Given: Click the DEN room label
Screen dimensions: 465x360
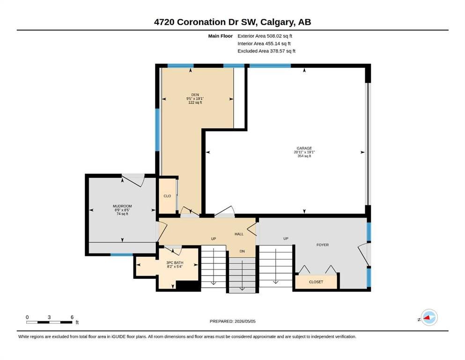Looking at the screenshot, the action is [x=195, y=95].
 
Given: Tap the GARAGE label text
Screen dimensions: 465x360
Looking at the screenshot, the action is [x=304, y=148].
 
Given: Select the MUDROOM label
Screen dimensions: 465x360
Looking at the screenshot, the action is [x=122, y=206].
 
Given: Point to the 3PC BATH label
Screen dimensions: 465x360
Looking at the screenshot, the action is [x=175, y=262].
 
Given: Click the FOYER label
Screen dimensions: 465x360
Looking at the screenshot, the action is [x=322, y=245].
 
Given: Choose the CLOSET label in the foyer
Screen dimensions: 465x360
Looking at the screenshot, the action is [x=316, y=282].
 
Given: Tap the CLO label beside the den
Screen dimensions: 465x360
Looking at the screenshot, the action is [x=167, y=196].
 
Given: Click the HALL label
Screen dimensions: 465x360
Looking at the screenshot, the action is [x=239, y=234].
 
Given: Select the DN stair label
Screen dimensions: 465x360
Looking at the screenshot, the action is [x=242, y=251].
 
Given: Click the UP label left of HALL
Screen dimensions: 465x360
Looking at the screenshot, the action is [x=214, y=239].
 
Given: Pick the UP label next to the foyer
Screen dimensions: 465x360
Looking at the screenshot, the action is [x=286, y=238].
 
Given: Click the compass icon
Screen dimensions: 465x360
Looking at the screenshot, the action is [x=429, y=317].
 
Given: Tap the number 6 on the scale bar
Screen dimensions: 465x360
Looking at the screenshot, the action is [x=72, y=317].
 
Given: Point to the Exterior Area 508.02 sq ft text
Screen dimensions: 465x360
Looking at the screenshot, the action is [x=265, y=36].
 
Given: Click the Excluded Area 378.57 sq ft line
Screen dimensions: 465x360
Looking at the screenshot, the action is [x=266, y=51].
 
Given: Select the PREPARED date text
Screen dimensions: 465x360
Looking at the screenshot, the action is [x=232, y=321].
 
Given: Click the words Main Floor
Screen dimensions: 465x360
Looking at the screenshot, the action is [x=221, y=36].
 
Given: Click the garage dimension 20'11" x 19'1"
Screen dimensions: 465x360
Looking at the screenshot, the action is [x=304, y=152].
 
